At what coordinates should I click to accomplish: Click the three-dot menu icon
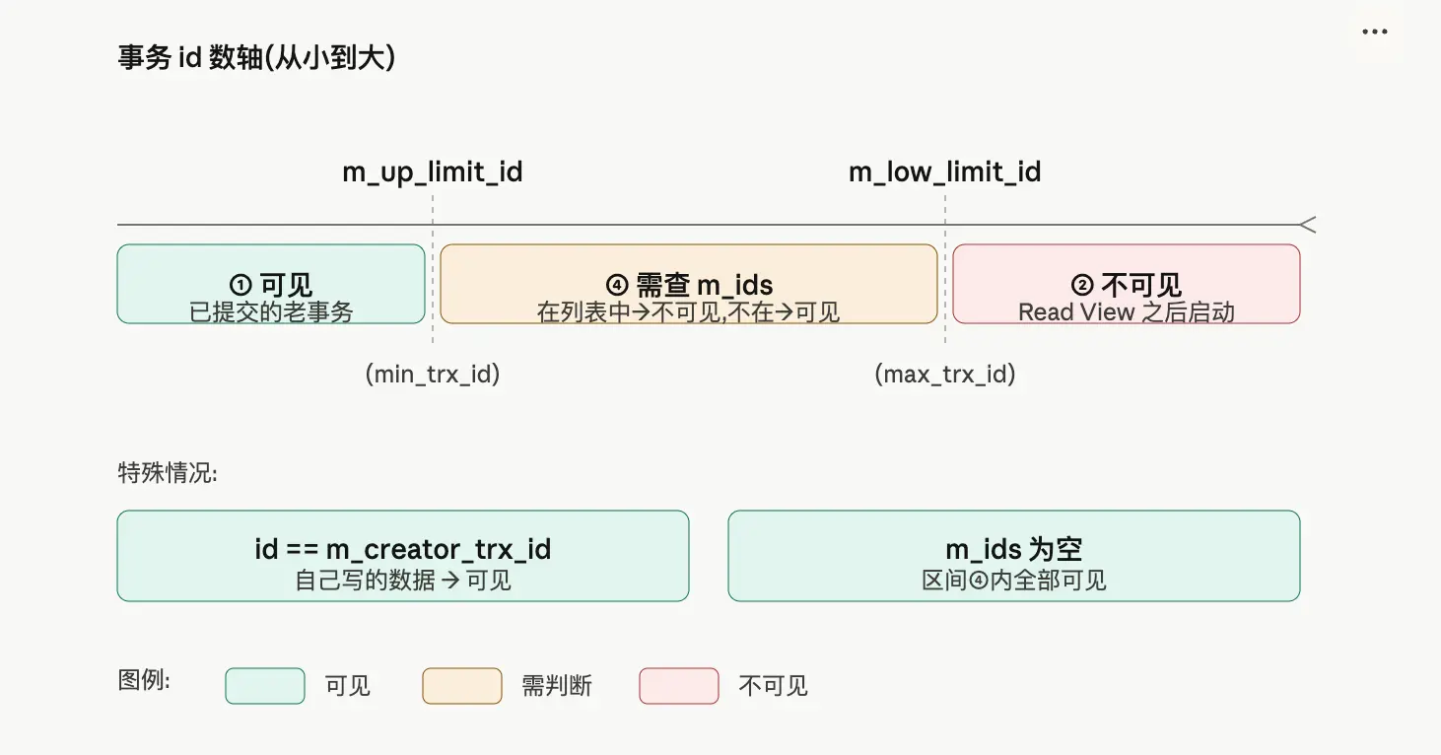pyautogui.click(x=1375, y=32)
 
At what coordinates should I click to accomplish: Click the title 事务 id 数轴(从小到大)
pyautogui.click(x=256, y=58)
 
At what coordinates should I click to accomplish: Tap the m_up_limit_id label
pyautogui.click(x=433, y=172)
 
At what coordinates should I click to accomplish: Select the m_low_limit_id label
pyautogui.click(x=944, y=172)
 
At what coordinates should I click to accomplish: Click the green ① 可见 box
pyautogui.click(x=271, y=284)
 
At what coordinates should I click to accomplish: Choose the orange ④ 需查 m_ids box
pyautogui.click(x=688, y=284)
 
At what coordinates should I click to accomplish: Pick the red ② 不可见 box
pyautogui.click(x=1127, y=284)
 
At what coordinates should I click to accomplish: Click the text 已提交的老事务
pyautogui.click(x=271, y=311)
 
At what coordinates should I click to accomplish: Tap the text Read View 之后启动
pyautogui.click(x=1127, y=311)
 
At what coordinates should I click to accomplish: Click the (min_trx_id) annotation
pyautogui.click(x=433, y=374)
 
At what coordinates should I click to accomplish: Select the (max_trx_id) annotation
pyautogui.click(x=945, y=374)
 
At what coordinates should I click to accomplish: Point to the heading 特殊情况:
pyautogui.click(x=168, y=473)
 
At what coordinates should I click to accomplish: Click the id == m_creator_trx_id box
pyautogui.click(x=403, y=556)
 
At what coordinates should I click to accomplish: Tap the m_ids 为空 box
pyautogui.click(x=1014, y=556)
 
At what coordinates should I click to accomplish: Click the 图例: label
pyautogui.click(x=144, y=680)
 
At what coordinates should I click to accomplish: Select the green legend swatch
pyautogui.click(x=265, y=686)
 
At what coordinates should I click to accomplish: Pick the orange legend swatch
pyautogui.click(x=462, y=686)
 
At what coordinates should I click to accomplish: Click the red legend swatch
pyautogui.click(x=679, y=686)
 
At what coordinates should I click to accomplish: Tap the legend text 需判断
pyautogui.click(x=557, y=686)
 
